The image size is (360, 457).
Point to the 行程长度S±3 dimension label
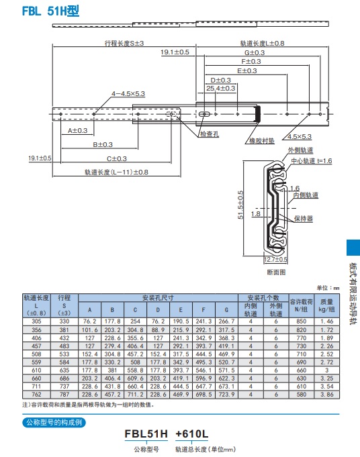point(124,43)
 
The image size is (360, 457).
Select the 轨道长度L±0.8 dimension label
point(262,43)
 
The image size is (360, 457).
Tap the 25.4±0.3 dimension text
point(220,88)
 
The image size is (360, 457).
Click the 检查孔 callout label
point(209,134)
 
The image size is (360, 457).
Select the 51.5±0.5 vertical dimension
point(240,209)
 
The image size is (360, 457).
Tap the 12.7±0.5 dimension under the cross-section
point(275,259)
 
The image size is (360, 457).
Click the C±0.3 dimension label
point(116,158)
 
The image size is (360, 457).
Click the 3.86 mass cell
point(326,395)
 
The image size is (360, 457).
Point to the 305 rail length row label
point(36,321)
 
